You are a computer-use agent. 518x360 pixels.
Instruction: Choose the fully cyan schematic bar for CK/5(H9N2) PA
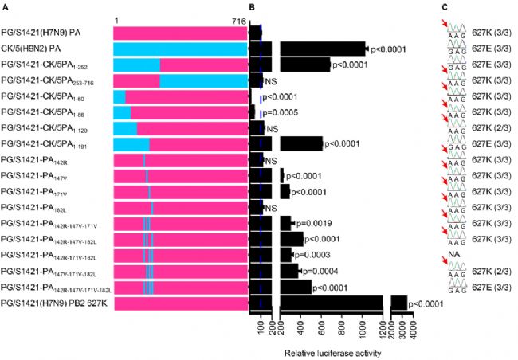click(179, 49)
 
